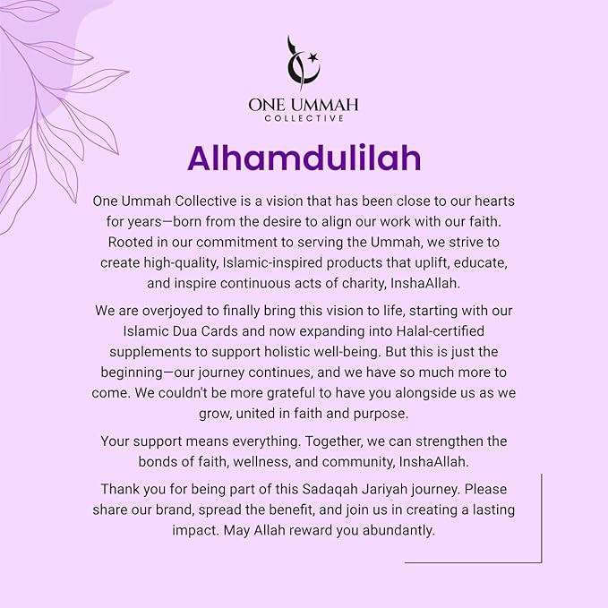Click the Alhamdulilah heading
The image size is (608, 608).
304,158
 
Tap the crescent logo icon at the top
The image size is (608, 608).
299,64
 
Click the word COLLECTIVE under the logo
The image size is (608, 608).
304,117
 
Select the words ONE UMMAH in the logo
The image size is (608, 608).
304,104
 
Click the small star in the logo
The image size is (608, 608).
313,59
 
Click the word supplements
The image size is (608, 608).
145,351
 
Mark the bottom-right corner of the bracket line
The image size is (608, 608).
541,561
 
